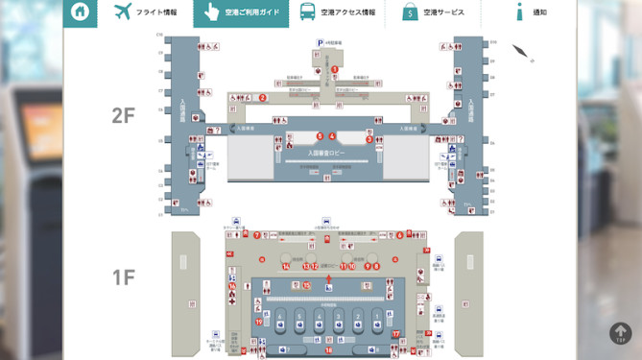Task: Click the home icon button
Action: click(80, 12)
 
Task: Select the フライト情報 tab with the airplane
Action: click(145, 12)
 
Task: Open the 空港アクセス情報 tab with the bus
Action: click(336, 12)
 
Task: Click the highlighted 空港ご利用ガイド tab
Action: click(240, 12)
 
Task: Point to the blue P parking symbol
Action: click(320, 43)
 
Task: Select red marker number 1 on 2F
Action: click(335, 69)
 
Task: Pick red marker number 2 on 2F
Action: click(263, 97)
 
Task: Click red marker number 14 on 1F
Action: click(287, 266)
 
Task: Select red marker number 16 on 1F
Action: click(231, 285)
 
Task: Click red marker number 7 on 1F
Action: click(257, 235)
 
